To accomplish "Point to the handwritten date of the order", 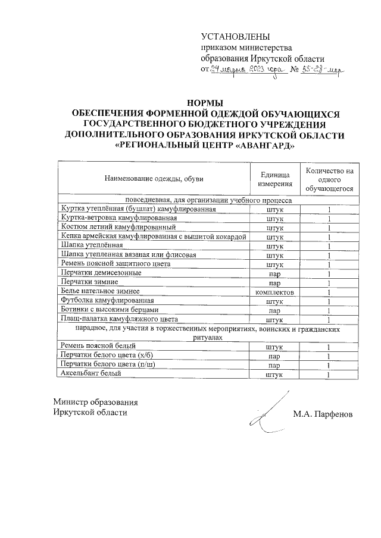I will [246, 70].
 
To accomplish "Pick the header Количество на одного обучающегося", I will [329, 179].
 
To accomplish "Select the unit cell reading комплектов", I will [274, 292].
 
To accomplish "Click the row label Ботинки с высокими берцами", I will [110, 310].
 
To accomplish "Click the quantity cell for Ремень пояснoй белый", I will [329, 347].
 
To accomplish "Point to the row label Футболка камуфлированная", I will [104, 301].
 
